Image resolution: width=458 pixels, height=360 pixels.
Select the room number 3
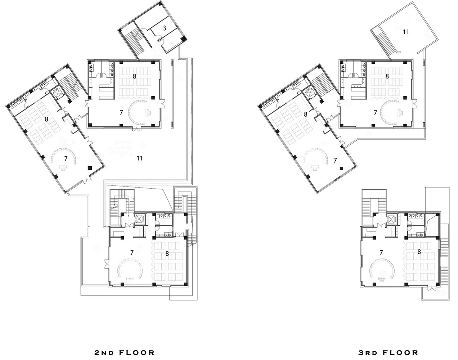(164, 28)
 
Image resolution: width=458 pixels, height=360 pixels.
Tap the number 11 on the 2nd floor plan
(140, 158)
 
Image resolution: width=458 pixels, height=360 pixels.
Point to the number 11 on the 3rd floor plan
(406, 32)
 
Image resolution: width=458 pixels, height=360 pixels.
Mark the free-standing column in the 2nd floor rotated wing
(90, 168)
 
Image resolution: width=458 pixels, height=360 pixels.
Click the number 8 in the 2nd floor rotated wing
(46, 120)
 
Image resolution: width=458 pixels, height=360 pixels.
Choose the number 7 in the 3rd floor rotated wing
(335, 160)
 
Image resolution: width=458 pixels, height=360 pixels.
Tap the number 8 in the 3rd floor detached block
(419, 252)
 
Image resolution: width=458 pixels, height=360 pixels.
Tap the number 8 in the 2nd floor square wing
(134, 76)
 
